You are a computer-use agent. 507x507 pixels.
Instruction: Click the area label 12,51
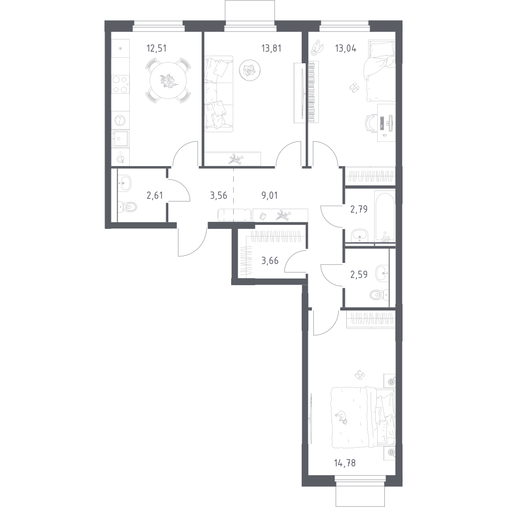156,49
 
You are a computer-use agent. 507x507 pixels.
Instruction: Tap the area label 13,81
271,49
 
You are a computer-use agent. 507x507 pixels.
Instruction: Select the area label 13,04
346,49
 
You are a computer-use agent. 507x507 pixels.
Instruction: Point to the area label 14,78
345,463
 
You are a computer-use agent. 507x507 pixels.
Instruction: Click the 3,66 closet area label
270,261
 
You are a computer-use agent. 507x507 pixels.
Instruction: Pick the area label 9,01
269,196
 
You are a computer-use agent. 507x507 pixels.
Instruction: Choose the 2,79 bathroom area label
359,210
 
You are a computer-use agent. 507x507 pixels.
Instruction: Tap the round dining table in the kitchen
168,81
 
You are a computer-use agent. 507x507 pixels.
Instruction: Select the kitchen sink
120,139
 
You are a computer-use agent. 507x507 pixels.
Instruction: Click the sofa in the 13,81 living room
219,94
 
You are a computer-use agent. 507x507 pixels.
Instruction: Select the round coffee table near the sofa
249,70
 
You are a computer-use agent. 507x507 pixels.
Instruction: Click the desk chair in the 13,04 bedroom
371,123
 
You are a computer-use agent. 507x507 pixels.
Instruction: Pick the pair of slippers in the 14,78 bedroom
359,375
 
